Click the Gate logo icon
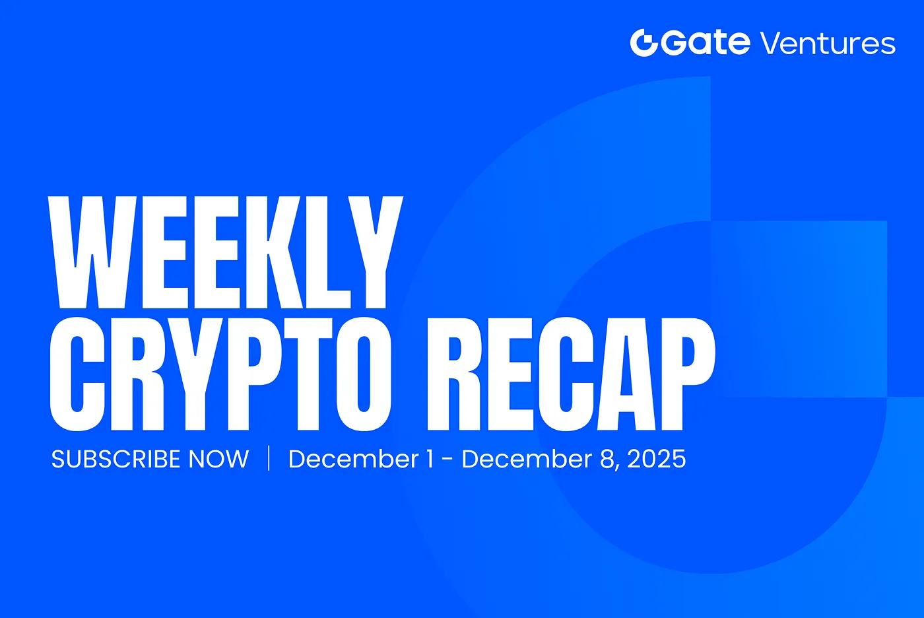644,43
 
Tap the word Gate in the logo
706,42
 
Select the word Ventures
828,44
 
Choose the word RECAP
571,374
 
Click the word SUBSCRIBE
116,459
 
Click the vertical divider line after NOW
269,458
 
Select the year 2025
657,459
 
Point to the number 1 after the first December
430,459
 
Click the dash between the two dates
447,459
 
